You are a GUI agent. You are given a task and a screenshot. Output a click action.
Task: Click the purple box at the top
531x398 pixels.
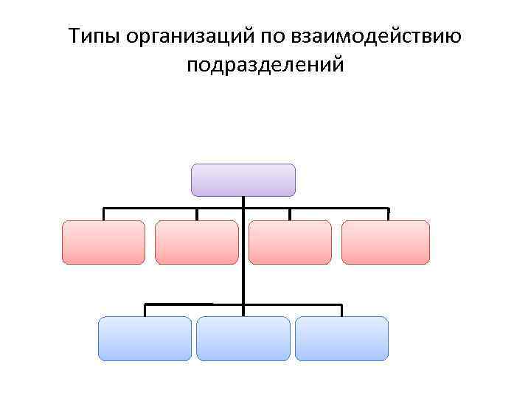(x=243, y=180)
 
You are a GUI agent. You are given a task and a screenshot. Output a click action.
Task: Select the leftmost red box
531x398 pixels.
(x=103, y=242)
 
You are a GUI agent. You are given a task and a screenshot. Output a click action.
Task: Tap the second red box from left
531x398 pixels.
(x=197, y=242)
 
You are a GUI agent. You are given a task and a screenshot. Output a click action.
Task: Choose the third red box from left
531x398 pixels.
(x=290, y=242)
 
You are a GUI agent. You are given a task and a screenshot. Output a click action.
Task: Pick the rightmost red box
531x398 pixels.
(x=385, y=242)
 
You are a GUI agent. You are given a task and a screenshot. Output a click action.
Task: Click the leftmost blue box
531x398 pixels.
(x=145, y=338)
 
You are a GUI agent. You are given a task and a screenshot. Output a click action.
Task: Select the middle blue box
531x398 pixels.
(x=243, y=338)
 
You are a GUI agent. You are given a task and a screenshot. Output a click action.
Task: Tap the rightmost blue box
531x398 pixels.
(x=341, y=338)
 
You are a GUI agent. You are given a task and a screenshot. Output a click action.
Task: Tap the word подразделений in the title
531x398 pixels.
(x=265, y=66)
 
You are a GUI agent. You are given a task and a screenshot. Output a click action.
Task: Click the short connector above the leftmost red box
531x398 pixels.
(x=103, y=214)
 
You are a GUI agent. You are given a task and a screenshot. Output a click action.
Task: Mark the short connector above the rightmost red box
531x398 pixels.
(x=389, y=214)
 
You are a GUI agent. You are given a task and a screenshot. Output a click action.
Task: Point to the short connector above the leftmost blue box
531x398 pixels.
(x=145, y=310)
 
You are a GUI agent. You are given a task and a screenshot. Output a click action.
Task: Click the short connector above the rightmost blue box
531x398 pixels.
(x=341, y=310)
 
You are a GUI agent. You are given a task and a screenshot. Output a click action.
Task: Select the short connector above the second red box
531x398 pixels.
(x=197, y=214)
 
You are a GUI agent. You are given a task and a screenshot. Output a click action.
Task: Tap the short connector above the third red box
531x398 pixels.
(x=290, y=214)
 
